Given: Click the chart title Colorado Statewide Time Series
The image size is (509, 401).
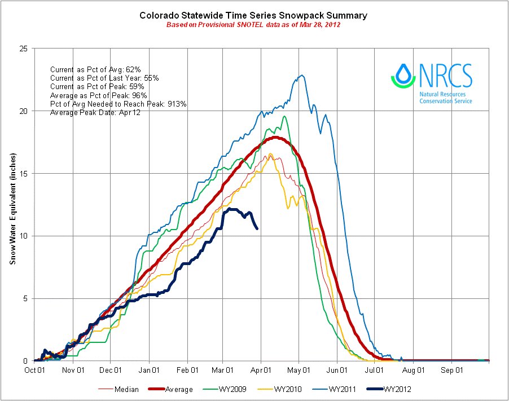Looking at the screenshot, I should (253, 16).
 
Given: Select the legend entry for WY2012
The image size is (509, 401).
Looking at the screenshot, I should (397, 389).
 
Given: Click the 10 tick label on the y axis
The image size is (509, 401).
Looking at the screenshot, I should (23, 236).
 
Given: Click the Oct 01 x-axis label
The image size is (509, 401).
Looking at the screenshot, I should (35, 371).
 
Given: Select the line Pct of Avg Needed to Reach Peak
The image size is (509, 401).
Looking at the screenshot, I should (110, 104).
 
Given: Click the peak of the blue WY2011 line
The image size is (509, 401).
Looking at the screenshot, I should (302, 75).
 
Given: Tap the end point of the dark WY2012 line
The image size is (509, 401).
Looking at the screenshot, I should (257, 228).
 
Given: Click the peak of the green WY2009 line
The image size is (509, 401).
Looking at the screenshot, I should (284, 116).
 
